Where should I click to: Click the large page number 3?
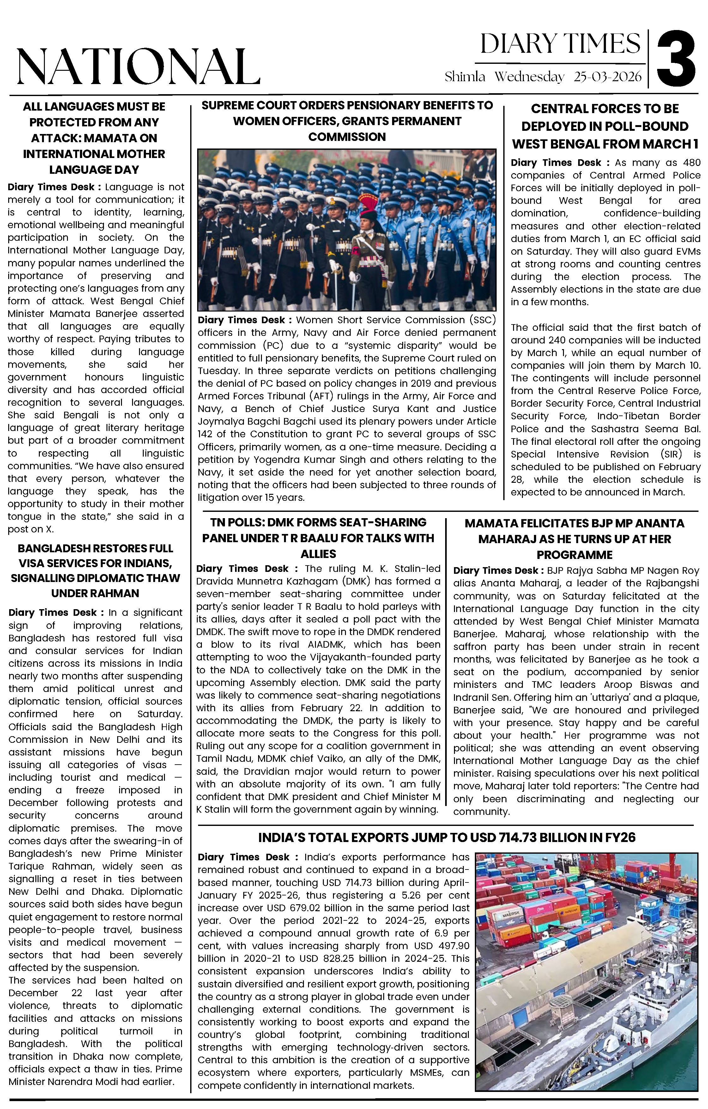[x=676, y=58]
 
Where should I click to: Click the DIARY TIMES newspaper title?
[x=560, y=44]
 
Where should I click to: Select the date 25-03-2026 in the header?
[x=607, y=76]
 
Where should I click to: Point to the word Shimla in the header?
[x=465, y=76]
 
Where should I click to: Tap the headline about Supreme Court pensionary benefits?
[x=347, y=121]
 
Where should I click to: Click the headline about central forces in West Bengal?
[x=605, y=126]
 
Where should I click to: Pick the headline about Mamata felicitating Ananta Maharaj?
[x=574, y=538]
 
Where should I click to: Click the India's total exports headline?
[x=446, y=837]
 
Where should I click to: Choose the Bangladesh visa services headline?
[x=95, y=571]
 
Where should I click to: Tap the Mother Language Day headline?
[x=94, y=138]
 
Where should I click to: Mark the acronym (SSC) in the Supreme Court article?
[x=482, y=320]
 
